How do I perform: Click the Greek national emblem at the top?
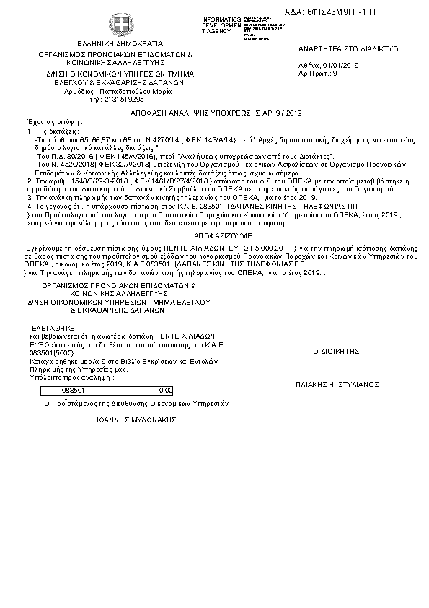point(116,23)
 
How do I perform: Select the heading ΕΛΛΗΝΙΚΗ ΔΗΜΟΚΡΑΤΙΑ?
point(115,43)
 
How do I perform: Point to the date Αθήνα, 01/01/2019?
point(329,66)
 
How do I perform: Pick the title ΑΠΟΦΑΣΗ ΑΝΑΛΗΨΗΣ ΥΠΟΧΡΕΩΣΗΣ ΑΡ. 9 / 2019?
point(216,113)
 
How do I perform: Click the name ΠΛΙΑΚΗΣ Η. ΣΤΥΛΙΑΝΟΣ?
point(337,386)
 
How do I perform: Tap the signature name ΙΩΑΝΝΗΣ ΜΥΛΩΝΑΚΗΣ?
point(136,419)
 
